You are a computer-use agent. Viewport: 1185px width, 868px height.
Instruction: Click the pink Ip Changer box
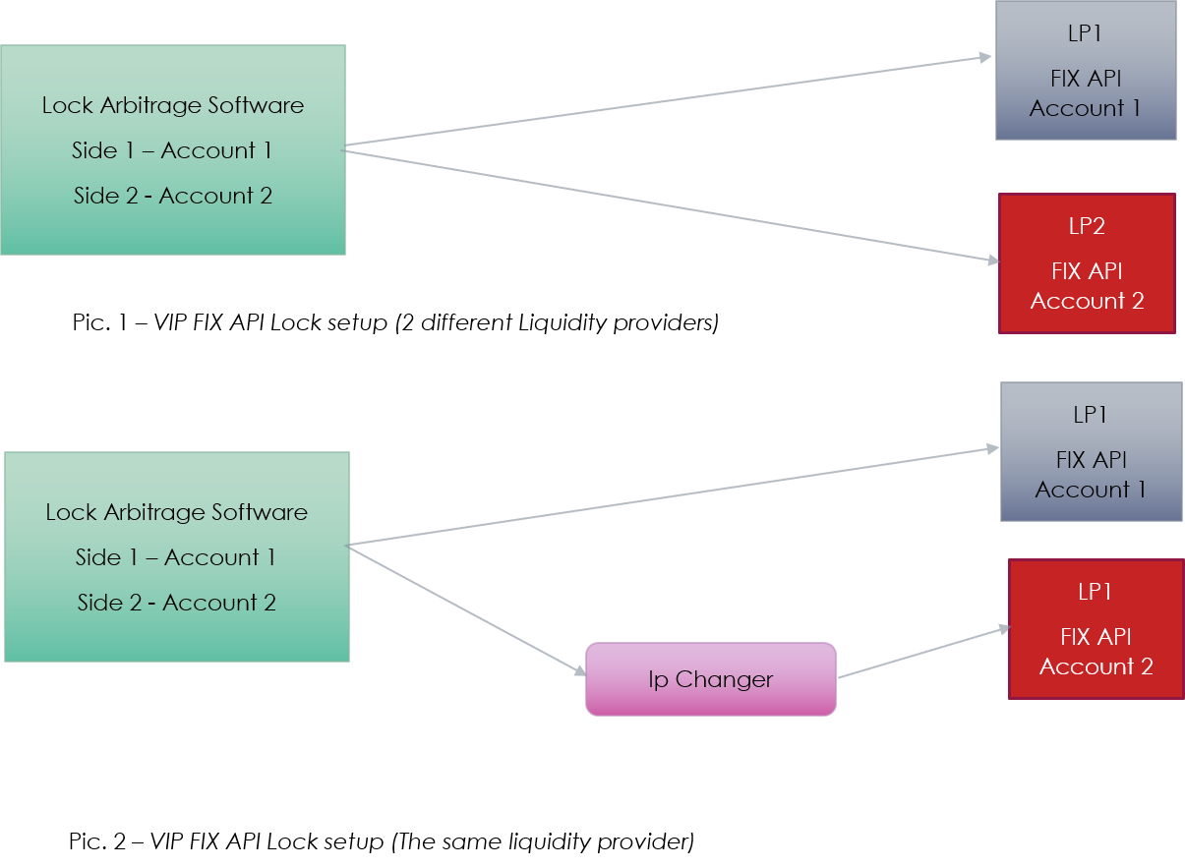(710, 679)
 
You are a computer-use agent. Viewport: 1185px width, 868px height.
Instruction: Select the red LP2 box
(1087, 263)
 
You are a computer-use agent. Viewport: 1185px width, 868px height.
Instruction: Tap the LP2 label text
(1087, 226)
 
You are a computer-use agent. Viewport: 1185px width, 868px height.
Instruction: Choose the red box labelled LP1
(1096, 629)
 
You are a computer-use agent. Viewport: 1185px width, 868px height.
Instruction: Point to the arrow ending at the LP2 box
(669, 206)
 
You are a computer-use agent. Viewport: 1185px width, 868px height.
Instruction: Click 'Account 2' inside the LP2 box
(1087, 301)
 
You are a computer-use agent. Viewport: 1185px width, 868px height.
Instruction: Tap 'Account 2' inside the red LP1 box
(1096, 666)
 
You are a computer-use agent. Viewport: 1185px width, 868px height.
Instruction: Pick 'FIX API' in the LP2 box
(1087, 271)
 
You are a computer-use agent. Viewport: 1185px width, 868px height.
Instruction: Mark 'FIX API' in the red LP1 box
(1096, 637)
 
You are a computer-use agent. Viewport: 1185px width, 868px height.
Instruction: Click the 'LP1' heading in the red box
(1095, 592)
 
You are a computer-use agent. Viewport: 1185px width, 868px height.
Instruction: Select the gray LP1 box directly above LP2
(1086, 71)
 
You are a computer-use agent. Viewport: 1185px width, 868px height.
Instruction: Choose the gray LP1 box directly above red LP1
(1091, 451)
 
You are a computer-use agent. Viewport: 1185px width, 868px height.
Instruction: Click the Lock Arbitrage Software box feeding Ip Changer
(177, 556)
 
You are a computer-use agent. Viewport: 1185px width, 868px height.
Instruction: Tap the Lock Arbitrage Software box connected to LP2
(173, 149)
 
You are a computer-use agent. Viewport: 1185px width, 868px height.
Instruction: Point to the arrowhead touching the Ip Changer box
(580, 671)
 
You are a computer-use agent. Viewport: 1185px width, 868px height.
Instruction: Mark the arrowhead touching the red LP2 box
(992, 260)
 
